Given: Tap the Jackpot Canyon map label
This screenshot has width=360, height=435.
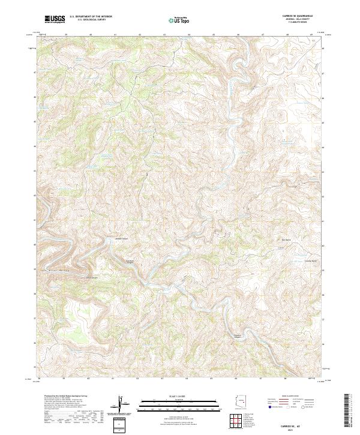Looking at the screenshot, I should click(x=122, y=238).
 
